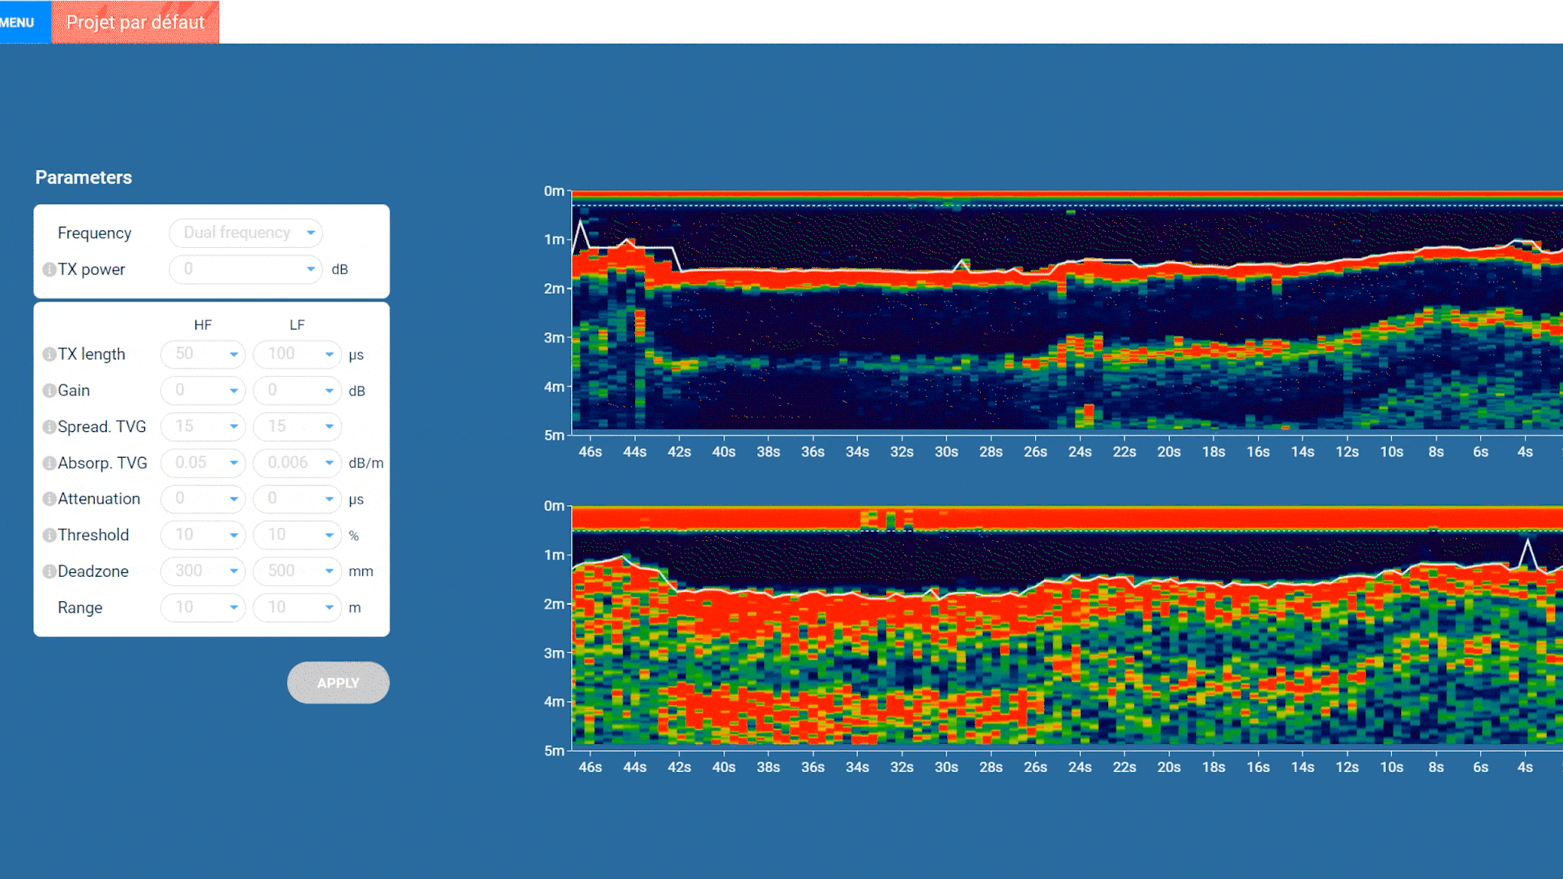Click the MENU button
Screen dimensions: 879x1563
coord(19,22)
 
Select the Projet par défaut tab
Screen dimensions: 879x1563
coord(135,22)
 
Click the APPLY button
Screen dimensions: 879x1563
coord(338,683)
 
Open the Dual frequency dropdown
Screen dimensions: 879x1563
coord(246,233)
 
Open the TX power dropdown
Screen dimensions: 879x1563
coord(246,269)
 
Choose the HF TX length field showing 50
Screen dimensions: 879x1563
coord(203,354)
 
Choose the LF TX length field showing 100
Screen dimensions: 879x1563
coord(297,354)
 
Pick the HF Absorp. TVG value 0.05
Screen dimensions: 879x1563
coord(203,462)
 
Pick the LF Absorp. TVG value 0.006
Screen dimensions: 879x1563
coord(297,462)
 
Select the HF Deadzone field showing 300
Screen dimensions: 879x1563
coord(203,571)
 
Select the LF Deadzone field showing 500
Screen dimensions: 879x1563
coord(297,571)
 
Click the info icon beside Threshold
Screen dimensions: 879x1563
coord(49,535)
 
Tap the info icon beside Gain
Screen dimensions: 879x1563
coord(49,391)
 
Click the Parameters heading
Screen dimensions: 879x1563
coord(83,177)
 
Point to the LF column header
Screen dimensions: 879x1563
coord(297,325)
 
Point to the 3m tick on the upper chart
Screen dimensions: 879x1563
coord(554,337)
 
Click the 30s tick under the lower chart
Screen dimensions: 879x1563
coord(946,767)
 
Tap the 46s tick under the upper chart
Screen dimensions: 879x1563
coord(590,452)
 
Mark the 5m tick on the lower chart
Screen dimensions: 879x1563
coord(554,751)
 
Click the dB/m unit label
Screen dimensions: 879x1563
coord(366,463)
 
